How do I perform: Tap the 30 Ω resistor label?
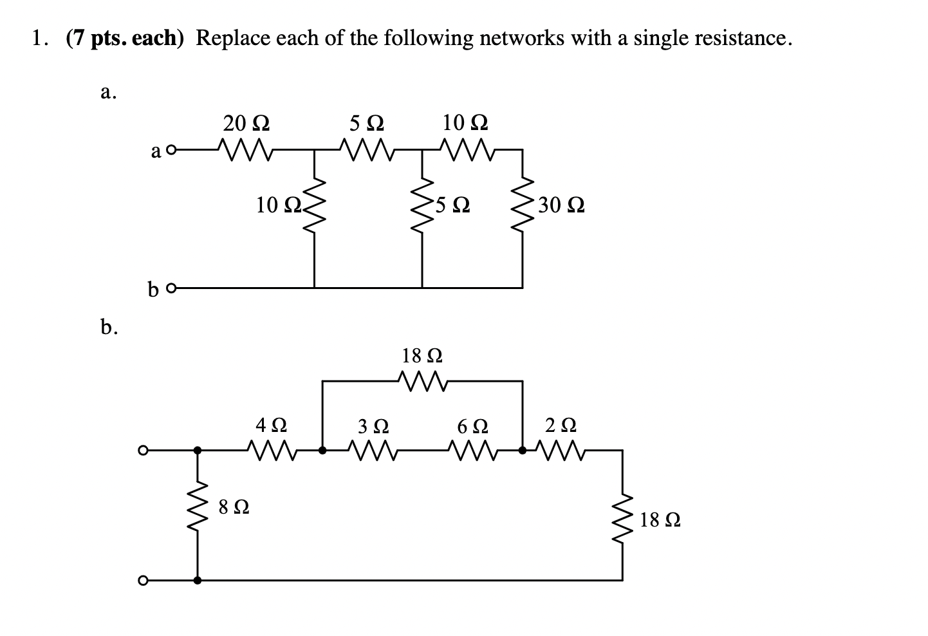pyautogui.click(x=561, y=206)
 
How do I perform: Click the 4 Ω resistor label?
pyautogui.click(x=271, y=426)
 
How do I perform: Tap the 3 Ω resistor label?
pyautogui.click(x=373, y=426)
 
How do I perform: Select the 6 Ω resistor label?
pyautogui.click(x=472, y=426)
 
